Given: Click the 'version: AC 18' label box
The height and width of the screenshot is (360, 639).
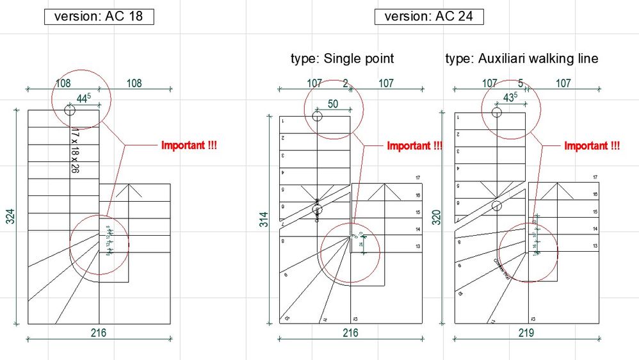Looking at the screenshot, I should (99, 17).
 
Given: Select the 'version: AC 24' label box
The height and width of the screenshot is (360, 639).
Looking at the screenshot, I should (429, 17).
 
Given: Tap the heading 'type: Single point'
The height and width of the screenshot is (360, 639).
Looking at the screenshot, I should (342, 59).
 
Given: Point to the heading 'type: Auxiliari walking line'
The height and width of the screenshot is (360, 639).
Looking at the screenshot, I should (522, 59).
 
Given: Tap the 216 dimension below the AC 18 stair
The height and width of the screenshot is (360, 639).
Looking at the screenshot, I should (99, 333).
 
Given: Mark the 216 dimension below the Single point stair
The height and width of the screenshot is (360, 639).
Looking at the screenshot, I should (351, 333).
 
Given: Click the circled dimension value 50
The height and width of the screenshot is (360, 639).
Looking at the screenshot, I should (333, 104).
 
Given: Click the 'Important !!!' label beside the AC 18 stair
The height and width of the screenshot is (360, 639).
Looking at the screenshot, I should (189, 146).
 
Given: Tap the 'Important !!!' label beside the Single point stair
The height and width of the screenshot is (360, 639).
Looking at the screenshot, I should (414, 146).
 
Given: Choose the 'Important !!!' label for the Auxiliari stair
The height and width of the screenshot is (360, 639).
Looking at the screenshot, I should (592, 146).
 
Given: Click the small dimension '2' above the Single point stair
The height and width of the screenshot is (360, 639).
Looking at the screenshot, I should (346, 83).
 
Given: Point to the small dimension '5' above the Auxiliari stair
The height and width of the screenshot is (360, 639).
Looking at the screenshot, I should (521, 83).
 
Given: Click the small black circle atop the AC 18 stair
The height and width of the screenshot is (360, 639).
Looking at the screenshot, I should (70, 111).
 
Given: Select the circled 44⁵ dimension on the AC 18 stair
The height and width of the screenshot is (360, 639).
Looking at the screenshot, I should (84, 99).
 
